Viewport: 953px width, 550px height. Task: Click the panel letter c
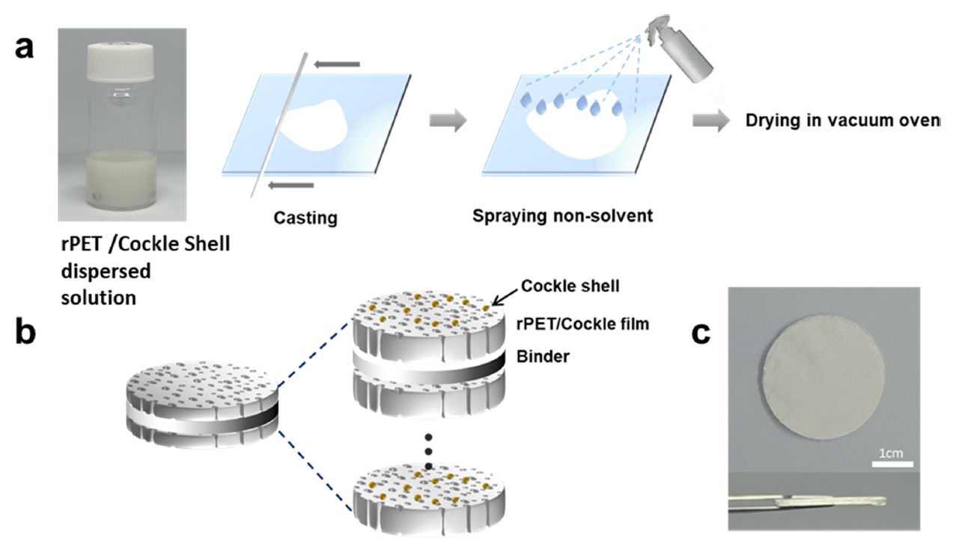coord(701,333)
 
